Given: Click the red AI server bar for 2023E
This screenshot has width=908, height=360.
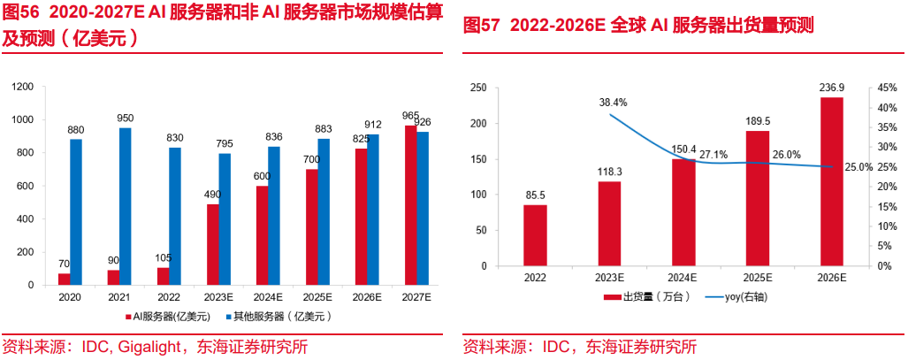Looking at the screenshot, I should coord(213,244).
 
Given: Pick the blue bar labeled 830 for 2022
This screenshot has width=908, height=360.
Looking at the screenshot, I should coord(175,216).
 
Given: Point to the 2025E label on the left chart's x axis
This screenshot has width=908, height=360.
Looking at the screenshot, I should coord(317,298).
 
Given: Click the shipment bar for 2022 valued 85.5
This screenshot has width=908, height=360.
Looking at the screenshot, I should coord(535,235).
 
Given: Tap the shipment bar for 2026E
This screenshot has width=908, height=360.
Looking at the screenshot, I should coord(831,181).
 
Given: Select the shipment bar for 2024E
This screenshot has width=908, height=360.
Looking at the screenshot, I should coord(683,212).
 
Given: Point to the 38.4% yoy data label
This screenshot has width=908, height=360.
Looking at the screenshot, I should coord(613,103).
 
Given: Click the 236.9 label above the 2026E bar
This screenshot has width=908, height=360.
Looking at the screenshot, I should coord(831,88).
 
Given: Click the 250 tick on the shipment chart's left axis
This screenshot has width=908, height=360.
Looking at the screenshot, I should coord(479,88).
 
